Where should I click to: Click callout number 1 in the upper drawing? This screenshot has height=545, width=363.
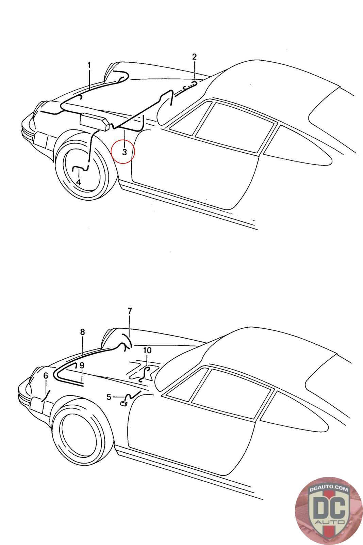[x=89, y=65]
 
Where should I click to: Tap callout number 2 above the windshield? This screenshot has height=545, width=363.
[x=194, y=57]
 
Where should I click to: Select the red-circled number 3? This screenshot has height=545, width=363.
[x=125, y=152]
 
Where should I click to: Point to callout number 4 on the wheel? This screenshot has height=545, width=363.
[x=78, y=182]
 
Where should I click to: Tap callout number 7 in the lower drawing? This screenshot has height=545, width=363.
[x=130, y=311]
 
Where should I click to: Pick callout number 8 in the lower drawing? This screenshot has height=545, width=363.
[x=82, y=332]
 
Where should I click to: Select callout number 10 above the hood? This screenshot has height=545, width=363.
[x=147, y=351]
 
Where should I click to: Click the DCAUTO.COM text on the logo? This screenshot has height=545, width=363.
[x=329, y=489]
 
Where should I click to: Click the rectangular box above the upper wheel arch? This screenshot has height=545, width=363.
[x=94, y=122]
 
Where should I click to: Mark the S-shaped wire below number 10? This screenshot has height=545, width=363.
[x=145, y=374]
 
